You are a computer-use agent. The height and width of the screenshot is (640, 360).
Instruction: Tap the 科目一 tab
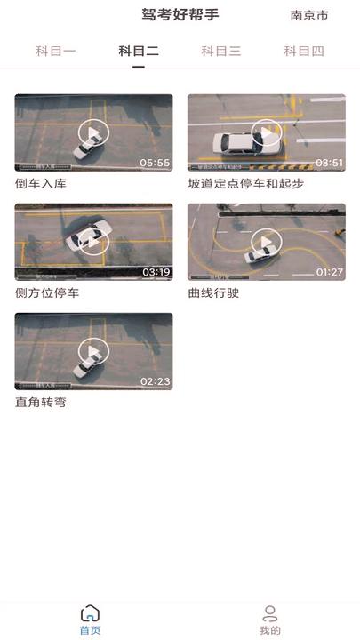coord(56,52)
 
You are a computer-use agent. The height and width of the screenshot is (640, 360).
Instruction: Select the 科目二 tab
coord(139,52)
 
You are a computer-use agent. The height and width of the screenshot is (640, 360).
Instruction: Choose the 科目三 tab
coord(221,52)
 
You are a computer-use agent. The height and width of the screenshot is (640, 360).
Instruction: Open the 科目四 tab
coord(304,52)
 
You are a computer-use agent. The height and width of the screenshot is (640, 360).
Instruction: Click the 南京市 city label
coord(308,15)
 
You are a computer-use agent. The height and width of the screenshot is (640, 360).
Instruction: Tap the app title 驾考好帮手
coord(180,14)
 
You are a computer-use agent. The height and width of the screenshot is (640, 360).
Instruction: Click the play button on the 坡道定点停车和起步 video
coord(267,133)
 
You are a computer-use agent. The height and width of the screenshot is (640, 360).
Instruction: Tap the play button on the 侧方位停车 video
coord(93,241)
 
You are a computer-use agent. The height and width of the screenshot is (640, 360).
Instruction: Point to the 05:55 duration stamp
coord(155,163)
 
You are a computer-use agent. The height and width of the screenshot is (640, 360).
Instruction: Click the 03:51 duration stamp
coord(329,163)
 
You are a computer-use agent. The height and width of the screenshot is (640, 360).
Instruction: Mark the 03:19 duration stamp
coord(156,272)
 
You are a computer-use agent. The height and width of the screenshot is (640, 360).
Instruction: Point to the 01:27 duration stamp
coord(329,272)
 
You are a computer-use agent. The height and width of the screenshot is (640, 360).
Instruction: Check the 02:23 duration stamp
coord(155,381)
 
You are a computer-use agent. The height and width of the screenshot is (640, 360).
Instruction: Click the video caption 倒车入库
coord(41,184)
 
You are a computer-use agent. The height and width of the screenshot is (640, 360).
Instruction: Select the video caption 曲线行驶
coord(213,293)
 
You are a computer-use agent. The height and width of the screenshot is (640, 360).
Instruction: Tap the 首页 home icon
coord(90,614)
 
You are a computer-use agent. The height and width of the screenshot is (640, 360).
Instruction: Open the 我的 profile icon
coord(270,614)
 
